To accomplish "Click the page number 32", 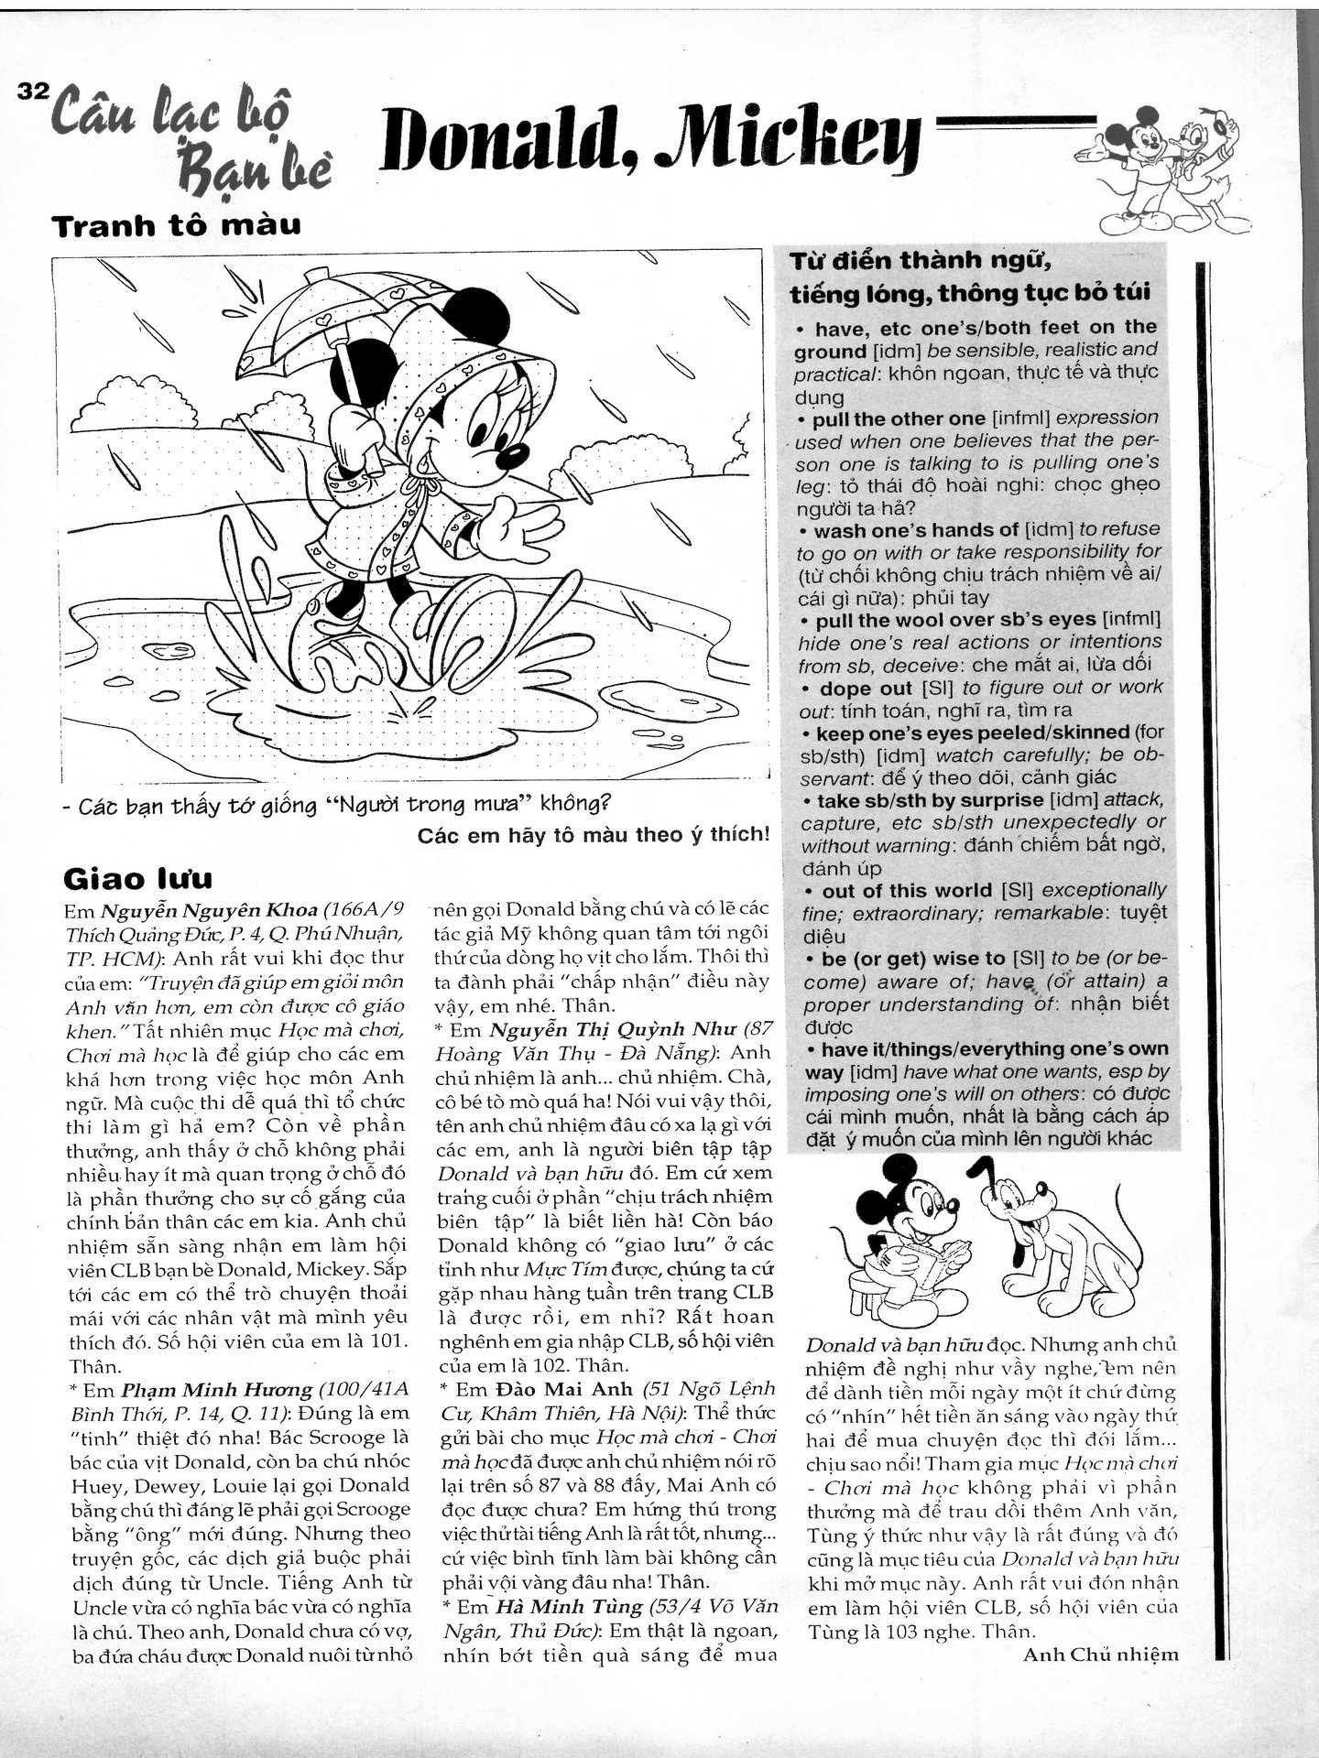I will point(32,92).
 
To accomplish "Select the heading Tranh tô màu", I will point(178,225).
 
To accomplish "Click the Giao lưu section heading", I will point(137,878).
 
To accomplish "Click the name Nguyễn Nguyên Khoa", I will point(210,911).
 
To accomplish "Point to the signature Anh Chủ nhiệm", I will point(1100,1654).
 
